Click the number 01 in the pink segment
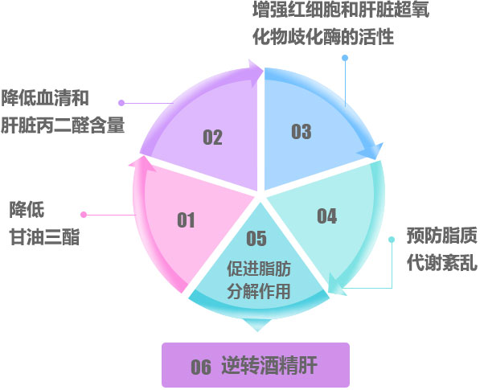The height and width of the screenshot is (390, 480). click(x=186, y=220)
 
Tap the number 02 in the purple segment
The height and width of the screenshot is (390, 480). click(x=213, y=138)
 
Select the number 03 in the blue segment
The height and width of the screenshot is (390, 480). click(x=302, y=132)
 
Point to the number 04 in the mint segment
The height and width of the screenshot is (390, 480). click(x=327, y=216)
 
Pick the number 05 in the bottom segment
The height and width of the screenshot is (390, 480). click(x=256, y=239)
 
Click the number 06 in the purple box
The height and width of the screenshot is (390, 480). click(x=201, y=367)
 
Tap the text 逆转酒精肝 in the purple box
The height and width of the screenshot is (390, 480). click(x=269, y=365)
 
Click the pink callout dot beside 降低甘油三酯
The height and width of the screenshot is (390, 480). click(x=84, y=215)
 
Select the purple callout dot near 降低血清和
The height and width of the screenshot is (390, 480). click(x=121, y=103)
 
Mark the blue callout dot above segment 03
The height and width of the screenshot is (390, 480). click(x=345, y=58)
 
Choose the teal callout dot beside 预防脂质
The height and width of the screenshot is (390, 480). click(x=392, y=240)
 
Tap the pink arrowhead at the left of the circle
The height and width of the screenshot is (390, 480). click(x=142, y=164)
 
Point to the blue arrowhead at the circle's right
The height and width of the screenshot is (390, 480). click(x=371, y=151)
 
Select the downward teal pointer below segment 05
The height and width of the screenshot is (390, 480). click(x=257, y=325)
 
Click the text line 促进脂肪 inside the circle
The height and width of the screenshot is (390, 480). click(x=259, y=269)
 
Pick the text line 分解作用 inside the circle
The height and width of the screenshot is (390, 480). click(x=259, y=291)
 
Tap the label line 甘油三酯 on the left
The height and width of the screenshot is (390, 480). click(x=45, y=237)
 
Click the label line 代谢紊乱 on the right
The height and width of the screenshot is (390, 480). click(x=442, y=263)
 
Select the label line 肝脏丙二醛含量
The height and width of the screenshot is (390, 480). click(x=63, y=125)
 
